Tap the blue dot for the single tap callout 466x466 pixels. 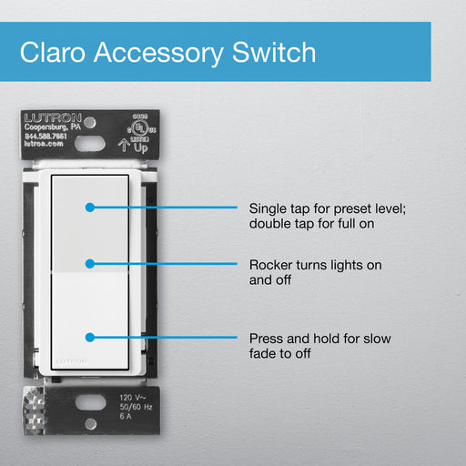89,207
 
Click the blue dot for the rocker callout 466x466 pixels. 89,264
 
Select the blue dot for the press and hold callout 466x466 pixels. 89,338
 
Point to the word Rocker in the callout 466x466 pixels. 271,264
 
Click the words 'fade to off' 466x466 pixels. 280,353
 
